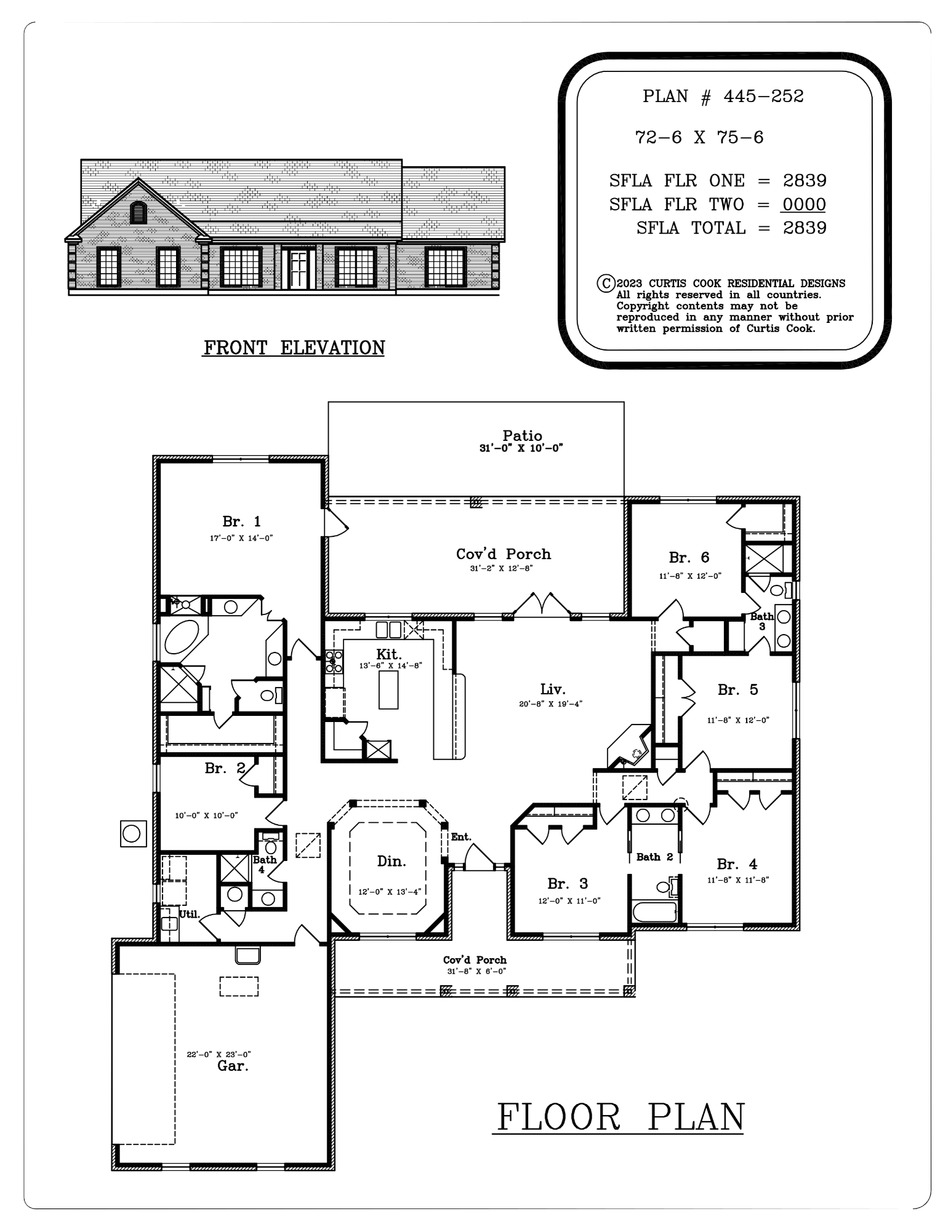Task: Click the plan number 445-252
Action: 763,97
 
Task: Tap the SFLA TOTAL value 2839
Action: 805,228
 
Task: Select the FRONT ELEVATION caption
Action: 294,348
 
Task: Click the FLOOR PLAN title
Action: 620,1117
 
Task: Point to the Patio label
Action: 522,436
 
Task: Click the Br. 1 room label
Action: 241,522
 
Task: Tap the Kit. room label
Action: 389,654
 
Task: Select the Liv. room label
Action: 553,689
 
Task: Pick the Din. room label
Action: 391,862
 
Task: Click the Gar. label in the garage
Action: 233,1066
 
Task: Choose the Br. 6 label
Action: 689,558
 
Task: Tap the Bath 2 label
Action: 654,857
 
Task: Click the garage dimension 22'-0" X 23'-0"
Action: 219,1054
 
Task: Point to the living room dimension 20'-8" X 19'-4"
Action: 550,704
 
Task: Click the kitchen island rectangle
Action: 388,690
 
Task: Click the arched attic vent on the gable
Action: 138,212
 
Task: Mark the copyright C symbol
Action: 606,284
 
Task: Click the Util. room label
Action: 189,915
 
